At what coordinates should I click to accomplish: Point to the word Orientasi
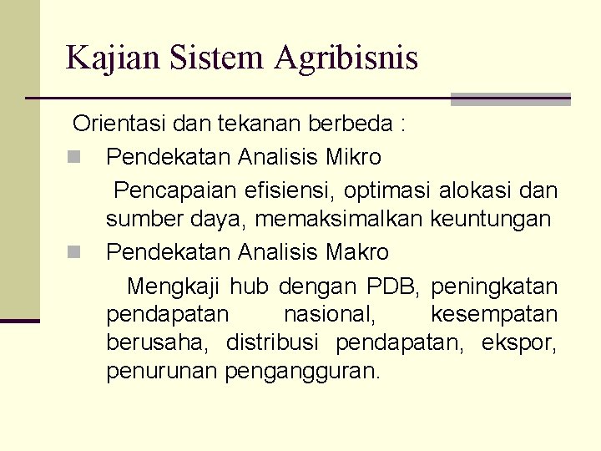(120, 124)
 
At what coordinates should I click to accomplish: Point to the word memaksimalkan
(341, 220)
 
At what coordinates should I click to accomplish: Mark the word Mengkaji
(174, 287)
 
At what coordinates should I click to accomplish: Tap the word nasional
(329, 315)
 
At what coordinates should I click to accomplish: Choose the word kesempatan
(493, 315)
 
